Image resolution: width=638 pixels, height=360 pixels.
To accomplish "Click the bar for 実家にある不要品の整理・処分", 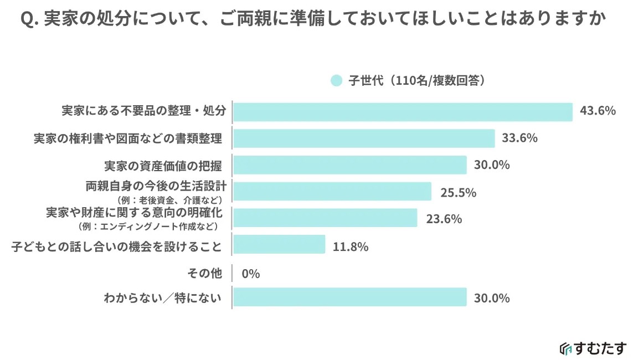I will pyautogui.click(x=403, y=112).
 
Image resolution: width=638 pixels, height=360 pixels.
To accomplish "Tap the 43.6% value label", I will pyautogui.click(x=598, y=111).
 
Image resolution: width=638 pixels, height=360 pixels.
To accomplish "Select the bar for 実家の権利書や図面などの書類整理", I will pyautogui.click(x=364, y=138).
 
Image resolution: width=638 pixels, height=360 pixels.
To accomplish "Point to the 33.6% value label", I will pyautogui.click(x=519, y=138).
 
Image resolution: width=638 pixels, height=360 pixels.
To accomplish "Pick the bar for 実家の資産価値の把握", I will pyautogui.click(x=350, y=165).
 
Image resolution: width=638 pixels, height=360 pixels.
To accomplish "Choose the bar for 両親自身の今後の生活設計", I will pyautogui.click(x=332, y=192).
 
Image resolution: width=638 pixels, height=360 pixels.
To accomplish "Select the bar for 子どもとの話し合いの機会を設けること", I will pyautogui.click(x=279, y=244).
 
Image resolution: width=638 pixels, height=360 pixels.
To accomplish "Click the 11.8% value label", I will pyautogui.click(x=351, y=247).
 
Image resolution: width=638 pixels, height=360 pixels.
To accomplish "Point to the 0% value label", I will pyautogui.click(x=251, y=274).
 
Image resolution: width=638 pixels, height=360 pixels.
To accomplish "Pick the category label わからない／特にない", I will pyautogui.click(x=163, y=299).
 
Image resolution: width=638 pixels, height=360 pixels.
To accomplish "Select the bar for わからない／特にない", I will pyautogui.click(x=350, y=298).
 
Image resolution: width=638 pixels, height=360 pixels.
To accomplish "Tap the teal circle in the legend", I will pyautogui.click(x=336, y=80).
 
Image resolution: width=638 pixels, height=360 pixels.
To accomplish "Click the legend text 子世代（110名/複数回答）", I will pyautogui.click(x=417, y=80).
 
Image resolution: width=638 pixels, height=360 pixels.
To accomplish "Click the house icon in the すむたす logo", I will pyautogui.click(x=565, y=348).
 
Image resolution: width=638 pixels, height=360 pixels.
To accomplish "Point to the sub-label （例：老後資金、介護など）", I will pyautogui.click(x=169, y=199).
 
